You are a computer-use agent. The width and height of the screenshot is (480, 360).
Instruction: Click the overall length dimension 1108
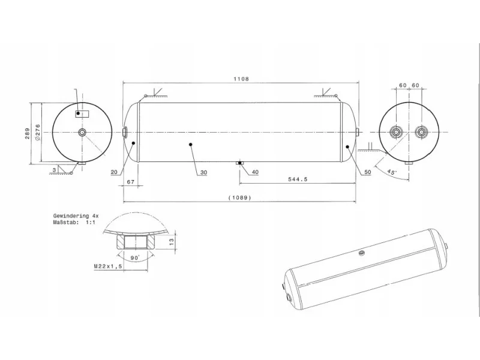[241, 79]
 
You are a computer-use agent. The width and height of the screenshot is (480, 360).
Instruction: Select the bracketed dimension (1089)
[239, 198]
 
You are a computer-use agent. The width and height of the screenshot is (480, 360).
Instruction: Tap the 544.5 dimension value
[297, 179]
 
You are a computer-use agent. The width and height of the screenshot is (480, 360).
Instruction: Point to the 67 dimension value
[131, 182]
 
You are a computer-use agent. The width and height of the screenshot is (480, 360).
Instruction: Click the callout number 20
[114, 172]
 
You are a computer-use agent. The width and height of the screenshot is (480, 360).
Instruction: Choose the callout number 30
[203, 173]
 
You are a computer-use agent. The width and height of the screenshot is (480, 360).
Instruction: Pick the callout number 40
[255, 172]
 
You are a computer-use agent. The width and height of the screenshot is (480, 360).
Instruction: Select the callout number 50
[367, 172]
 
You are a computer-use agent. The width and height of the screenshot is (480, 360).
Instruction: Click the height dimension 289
[28, 133]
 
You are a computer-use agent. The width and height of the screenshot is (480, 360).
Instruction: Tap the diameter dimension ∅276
[37, 132]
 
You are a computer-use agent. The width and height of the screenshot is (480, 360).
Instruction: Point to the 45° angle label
[392, 172]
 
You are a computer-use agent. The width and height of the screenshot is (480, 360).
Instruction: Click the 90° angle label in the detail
[135, 258]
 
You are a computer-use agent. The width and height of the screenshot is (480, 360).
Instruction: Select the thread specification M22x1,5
[108, 266]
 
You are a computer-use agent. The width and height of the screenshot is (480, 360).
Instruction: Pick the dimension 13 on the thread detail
[172, 241]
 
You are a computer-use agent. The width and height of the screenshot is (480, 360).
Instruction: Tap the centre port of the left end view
[82, 132]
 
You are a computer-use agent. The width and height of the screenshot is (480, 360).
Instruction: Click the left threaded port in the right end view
[397, 132]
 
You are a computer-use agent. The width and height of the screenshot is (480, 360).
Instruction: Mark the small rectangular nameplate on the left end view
[82, 113]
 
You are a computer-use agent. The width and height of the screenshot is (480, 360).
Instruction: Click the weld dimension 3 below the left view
[54, 170]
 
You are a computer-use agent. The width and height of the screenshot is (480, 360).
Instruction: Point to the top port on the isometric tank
[362, 253]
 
